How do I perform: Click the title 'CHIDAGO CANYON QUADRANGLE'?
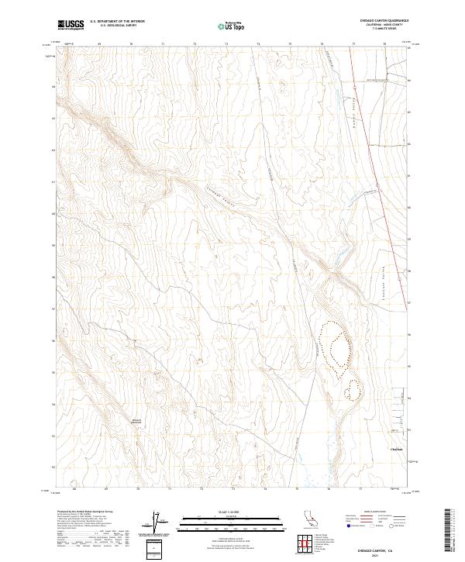[387, 20]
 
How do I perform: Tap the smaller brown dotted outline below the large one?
[353, 388]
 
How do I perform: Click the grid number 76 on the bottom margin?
[329, 489]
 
